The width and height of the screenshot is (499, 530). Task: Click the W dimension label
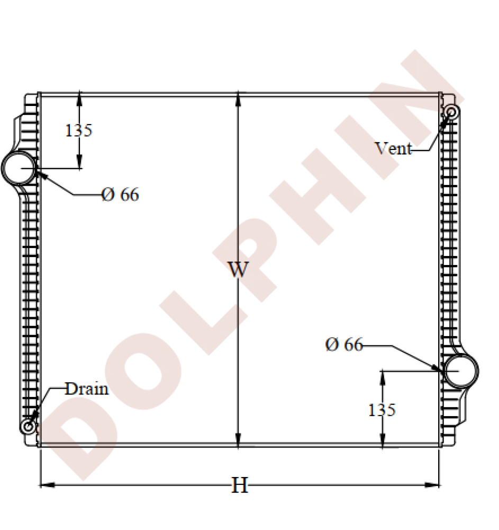[238, 270]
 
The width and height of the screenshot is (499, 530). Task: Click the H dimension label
[240, 485]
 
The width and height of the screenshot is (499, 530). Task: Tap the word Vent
[393, 148]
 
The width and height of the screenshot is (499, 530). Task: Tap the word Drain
[87, 389]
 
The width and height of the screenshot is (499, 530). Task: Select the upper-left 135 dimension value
[78, 130]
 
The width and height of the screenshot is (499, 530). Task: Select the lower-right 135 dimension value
[382, 409]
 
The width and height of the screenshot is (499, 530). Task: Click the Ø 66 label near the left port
[120, 195]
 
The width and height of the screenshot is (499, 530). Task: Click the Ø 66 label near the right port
[344, 345]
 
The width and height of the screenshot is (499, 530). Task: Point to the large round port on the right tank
[460, 370]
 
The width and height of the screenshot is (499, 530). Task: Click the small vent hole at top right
[452, 112]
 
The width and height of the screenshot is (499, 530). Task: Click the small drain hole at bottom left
[28, 426]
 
